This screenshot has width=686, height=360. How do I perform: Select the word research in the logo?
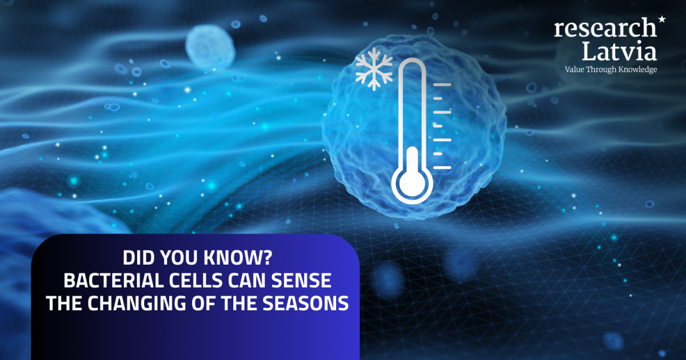tap(605, 29)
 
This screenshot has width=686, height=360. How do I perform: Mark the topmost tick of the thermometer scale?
tap(443, 85)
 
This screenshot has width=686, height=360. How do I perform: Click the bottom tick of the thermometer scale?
tap(443, 167)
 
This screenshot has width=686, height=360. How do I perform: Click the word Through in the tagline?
tap(602, 69)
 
